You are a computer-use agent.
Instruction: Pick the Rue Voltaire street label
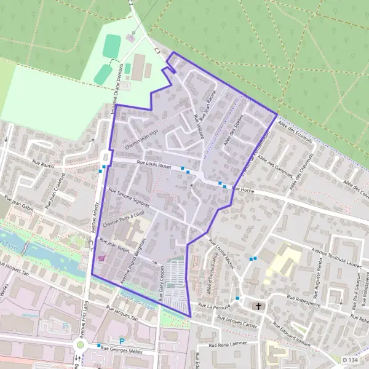(x=198, y=126)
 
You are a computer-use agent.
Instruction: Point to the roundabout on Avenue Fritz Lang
(x=80, y=346)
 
